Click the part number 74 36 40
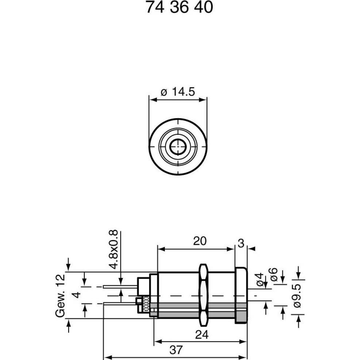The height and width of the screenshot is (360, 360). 179,7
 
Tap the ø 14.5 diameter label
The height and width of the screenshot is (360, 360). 178,91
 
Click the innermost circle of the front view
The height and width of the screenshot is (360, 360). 178,146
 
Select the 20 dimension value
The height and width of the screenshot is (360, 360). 200,241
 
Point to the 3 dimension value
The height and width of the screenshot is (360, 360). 241,244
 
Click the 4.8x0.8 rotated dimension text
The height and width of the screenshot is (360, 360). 114,249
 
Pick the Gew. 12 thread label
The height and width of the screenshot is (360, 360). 60,296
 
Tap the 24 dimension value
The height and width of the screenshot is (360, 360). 202,334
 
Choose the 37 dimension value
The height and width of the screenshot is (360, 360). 176,350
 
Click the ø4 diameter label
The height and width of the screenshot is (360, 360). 260,279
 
